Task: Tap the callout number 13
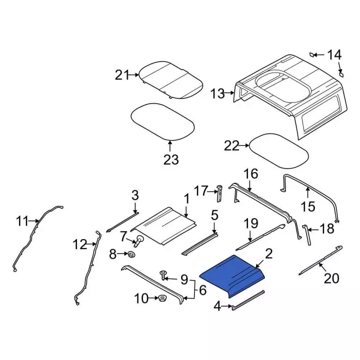click(x=218, y=94)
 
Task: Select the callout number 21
click(x=122, y=75)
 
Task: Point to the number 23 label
click(x=171, y=160)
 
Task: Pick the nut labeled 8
click(x=132, y=255)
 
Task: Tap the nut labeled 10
click(x=163, y=299)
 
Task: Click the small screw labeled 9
click(x=163, y=275)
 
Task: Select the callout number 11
click(x=22, y=222)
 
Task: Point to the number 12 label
click(x=80, y=244)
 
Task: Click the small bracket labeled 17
click(x=219, y=193)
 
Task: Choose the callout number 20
click(x=331, y=278)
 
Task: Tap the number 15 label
click(x=308, y=206)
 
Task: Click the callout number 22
click(x=231, y=146)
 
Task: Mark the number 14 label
click(x=334, y=55)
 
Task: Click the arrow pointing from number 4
click(x=227, y=306)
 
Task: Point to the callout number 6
click(x=202, y=290)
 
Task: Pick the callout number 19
click(x=250, y=223)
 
